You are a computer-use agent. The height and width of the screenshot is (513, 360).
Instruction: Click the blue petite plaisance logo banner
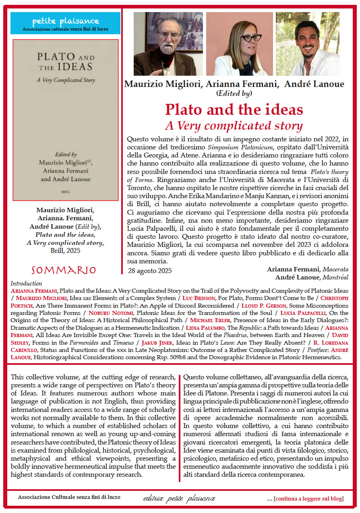65,23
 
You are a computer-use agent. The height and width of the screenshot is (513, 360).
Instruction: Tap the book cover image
66,120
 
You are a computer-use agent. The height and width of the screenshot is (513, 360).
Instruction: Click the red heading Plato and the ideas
234,110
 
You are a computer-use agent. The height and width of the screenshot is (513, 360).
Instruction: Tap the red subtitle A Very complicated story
234,125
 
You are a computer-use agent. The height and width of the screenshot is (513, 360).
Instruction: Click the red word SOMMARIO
64,270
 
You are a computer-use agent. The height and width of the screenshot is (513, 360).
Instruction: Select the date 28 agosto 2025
150,271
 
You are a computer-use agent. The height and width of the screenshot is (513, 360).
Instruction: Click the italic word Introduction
26,283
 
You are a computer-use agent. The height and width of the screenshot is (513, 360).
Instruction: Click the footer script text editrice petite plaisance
179,499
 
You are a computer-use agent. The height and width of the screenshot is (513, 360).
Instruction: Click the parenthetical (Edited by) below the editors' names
234,93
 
